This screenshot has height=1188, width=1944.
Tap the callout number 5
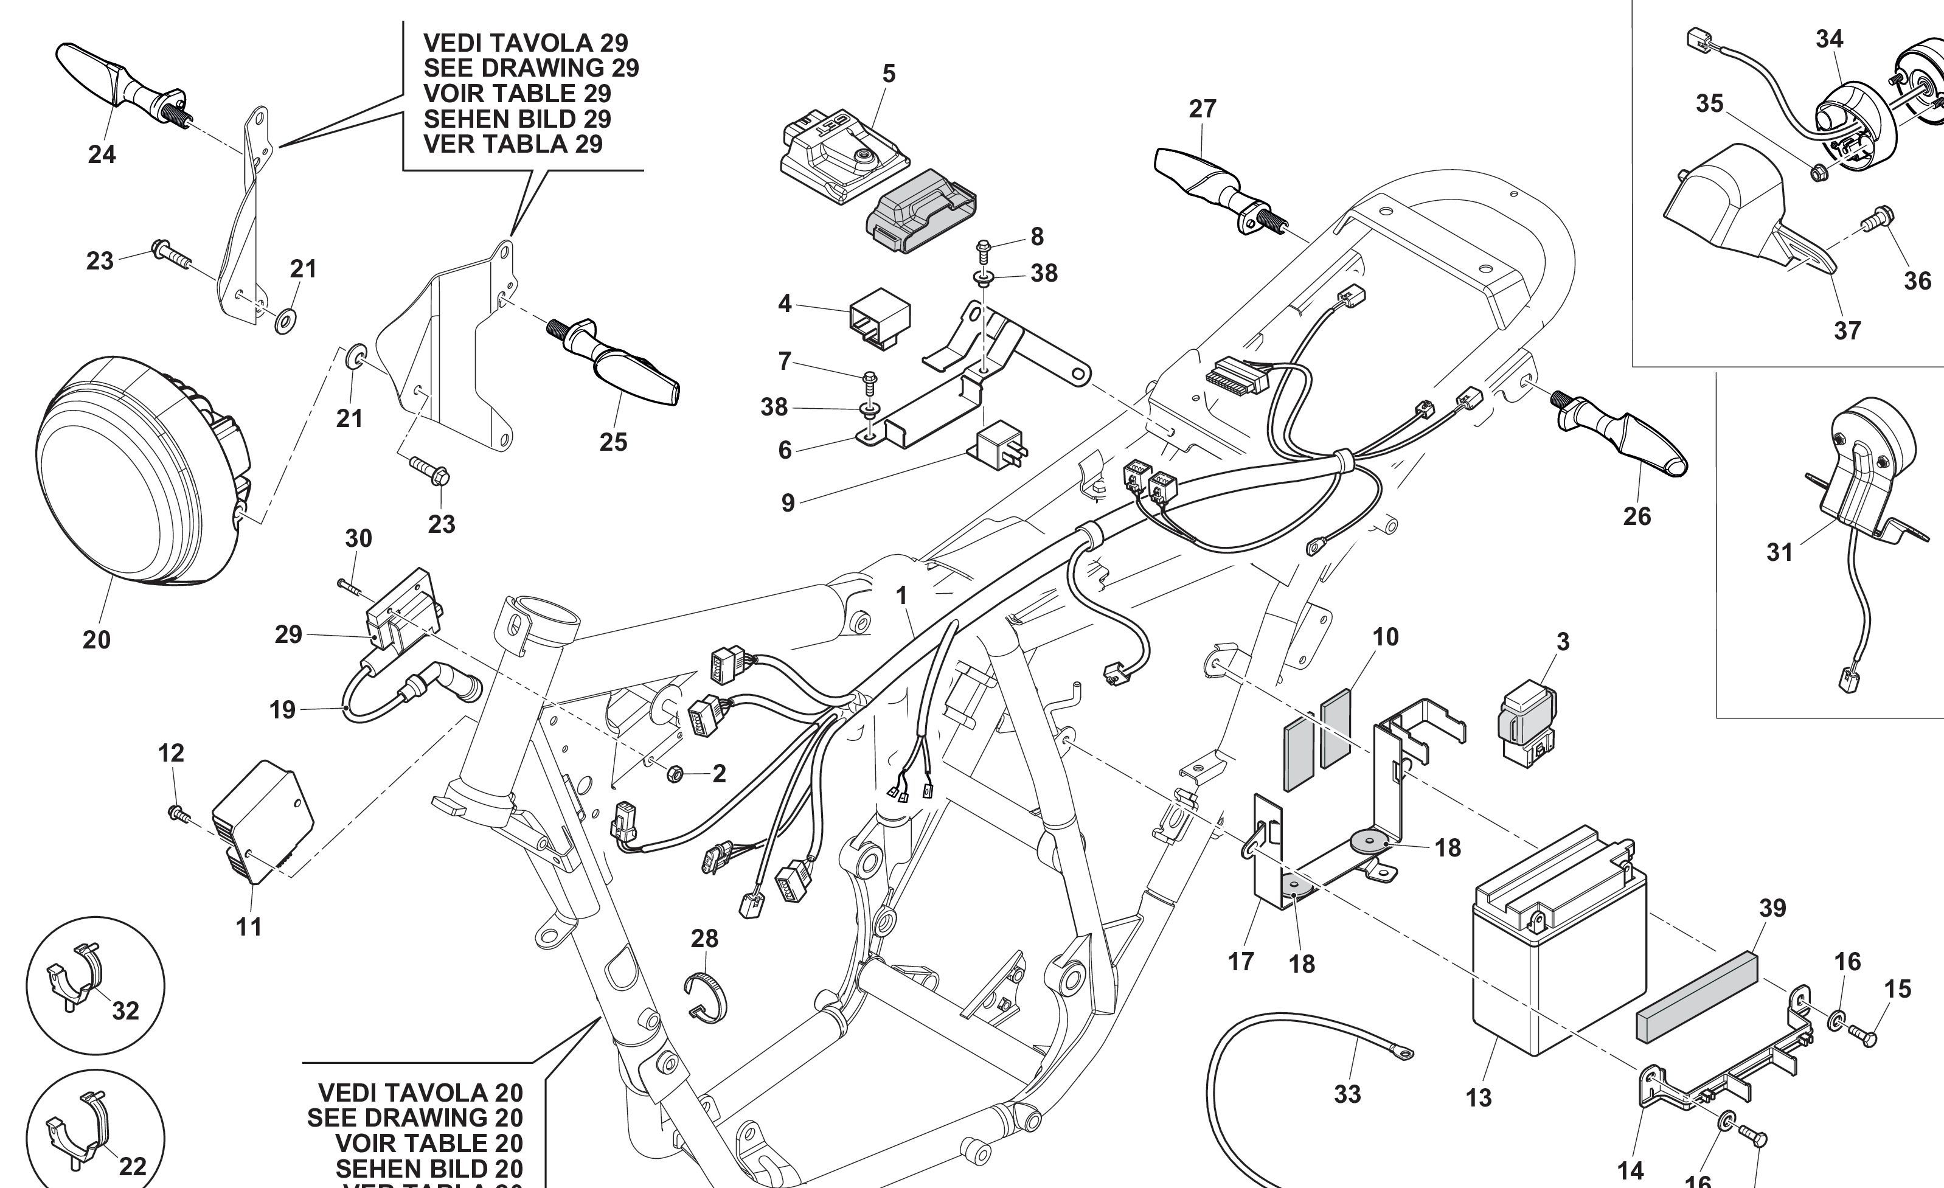889,74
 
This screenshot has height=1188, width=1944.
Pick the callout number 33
1347,1094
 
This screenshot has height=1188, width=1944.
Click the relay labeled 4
878,322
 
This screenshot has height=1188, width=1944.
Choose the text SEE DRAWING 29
531,68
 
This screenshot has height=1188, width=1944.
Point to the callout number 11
249,927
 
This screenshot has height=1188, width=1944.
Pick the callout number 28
704,939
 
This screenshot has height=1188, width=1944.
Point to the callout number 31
1779,552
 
